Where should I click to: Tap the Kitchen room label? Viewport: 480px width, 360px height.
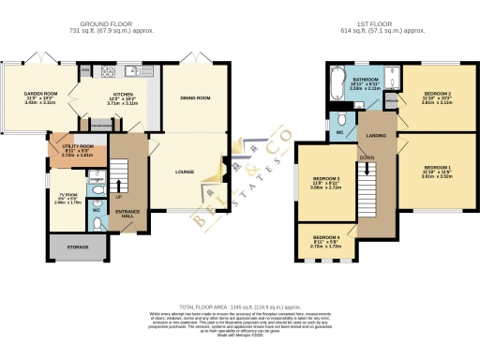tap(125, 95)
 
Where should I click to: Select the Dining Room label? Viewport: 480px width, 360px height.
tap(195, 98)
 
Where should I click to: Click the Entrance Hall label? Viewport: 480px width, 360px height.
tap(127, 214)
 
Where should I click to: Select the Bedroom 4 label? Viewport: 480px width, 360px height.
tap(325, 238)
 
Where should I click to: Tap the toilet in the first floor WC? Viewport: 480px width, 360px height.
tap(343, 120)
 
